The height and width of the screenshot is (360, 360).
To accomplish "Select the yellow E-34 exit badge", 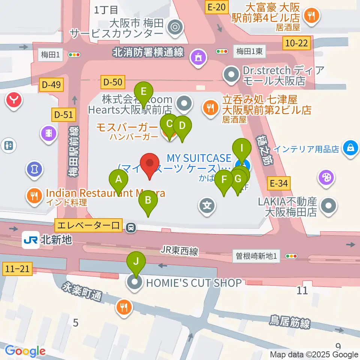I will [x=280, y=183].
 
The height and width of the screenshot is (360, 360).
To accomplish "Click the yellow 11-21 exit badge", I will [x=18, y=268].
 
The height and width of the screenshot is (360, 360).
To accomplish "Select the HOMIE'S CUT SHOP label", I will [x=193, y=283].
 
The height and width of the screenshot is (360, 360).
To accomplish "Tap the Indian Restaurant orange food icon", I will [x=34, y=195].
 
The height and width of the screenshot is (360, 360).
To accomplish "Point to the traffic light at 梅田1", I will [x=74, y=55].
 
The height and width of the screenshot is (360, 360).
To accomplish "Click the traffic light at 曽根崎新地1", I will [x=291, y=256].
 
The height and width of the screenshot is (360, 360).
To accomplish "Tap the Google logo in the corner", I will [x=25, y=351].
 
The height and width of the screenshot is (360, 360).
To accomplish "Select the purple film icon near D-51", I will [x=49, y=132].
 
